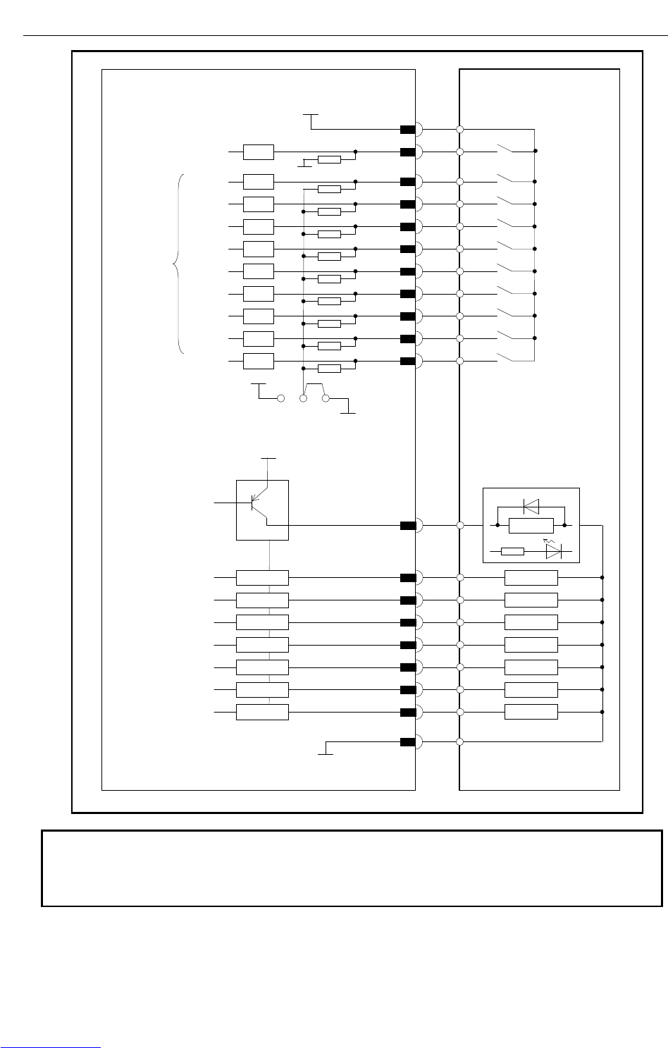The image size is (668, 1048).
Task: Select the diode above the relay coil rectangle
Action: [x=531, y=505]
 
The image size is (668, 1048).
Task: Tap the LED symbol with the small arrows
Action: [x=553, y=551]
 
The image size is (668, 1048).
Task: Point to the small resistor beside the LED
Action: [x=512, y=551]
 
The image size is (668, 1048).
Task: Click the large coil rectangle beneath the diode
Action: [x=531, y=525]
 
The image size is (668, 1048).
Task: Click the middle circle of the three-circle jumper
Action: [x=304, y=399]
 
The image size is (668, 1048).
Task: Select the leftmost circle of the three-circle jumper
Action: [x=281, y=399]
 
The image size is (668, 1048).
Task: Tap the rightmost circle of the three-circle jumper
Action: [x=326, y=399]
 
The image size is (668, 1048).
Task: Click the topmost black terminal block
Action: [x=407, y=130]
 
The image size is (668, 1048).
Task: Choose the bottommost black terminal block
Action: [x=407, y=741]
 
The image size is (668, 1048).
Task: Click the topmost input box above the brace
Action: [x=259, y=152]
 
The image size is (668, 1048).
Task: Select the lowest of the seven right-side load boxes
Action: [x=531, y=712]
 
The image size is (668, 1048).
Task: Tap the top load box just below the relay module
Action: [x=531, y=579]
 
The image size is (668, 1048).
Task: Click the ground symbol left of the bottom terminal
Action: [x=326, y=751]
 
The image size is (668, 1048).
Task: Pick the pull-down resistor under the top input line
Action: [x=329, y=160]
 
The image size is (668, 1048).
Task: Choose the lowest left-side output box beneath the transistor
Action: [x=262, y=712]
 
